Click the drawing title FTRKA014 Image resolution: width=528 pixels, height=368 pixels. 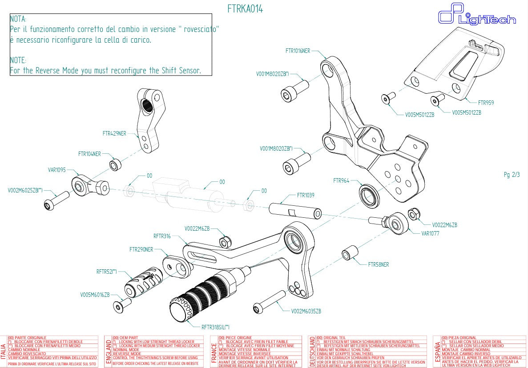coord(245,9)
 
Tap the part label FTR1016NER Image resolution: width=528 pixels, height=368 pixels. coord(298,51)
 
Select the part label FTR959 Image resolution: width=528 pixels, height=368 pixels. coord(486,103)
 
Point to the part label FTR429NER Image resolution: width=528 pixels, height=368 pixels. coord(114,133)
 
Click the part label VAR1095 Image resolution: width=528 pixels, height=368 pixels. coord(56,170)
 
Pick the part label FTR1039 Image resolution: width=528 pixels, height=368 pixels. coord(306,195)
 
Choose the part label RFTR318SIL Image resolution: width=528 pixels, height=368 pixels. coord(215,327)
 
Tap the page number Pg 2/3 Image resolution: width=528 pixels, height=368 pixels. coord(512,175)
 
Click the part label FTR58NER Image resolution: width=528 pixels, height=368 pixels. coord(378,264)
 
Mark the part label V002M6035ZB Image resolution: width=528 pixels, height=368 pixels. coord(306,311)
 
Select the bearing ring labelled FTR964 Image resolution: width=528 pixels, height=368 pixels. coord(369,195)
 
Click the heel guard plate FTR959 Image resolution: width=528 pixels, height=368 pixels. coord(458,62)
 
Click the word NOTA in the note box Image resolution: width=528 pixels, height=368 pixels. coord(18,19)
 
